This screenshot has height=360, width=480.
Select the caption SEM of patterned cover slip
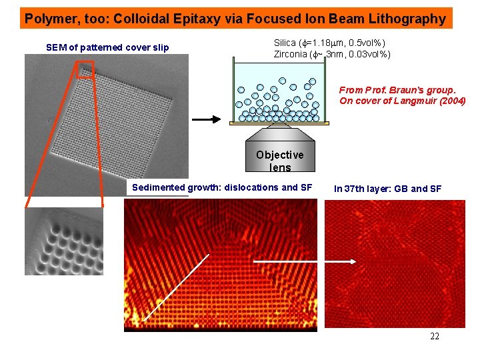(107, 47)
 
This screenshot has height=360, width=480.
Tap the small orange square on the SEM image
(85, 69)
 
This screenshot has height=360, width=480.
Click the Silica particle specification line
(329, 43)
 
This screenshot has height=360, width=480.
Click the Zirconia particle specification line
(332, 54)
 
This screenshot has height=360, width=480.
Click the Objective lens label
(279, 160)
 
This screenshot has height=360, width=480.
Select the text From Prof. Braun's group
(397, 89)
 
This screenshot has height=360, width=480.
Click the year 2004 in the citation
(450, 101)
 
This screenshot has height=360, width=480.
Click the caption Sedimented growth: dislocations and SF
(221, 187)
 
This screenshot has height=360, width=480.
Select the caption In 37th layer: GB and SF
(387, 189)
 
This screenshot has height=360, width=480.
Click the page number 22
(435, 336)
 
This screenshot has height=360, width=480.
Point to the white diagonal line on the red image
(177, 287)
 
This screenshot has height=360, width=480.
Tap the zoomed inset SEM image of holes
(64, 241)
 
